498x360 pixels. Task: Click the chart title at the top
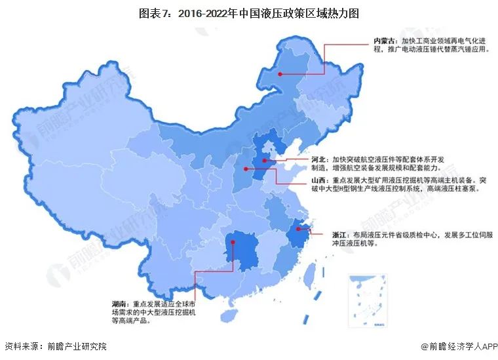(249, 12)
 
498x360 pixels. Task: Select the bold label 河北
(317, 159)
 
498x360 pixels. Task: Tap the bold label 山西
(317, 179)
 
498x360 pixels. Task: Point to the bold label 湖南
(121, 304)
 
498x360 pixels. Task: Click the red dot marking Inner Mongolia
(280, 75)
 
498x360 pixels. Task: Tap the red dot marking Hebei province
(265, 160)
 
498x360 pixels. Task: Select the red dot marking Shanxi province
(247, 169)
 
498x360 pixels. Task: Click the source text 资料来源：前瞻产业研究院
(55, 346)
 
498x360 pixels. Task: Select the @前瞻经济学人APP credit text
(457, 346)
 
